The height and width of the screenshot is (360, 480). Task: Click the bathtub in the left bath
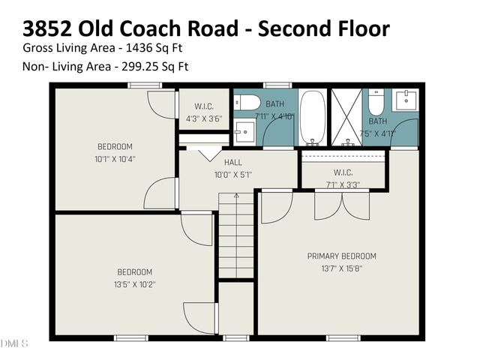pyautogui.click(x=312, y=118)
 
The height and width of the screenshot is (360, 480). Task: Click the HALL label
pyautogui.click(x=232, y=161)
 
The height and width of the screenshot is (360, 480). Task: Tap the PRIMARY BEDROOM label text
pyautogui.click(x=341, y=256)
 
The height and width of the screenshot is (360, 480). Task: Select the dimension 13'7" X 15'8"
pyautogui.click(x=341, y=268)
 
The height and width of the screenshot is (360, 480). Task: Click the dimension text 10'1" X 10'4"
pyautogui.click(x=115, y=158)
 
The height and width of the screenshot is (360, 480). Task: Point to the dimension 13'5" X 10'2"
pyautogui.click(x=134, y=284)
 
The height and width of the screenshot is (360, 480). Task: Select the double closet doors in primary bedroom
pyautogui.click(x=342, y=205)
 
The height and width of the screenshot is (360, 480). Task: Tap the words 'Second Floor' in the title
pyautogui.click(x=325, y=28)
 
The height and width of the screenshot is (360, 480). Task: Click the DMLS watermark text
pyautogui.click(x=14, y=344)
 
